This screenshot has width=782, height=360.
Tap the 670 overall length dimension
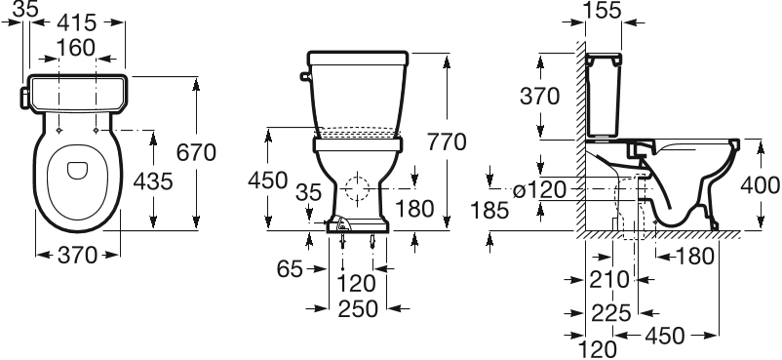click(196, 152)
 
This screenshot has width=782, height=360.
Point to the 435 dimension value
click(152, 180)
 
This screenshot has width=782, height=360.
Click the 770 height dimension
click(448, 142)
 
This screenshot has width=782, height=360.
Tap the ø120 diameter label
click(538, 189)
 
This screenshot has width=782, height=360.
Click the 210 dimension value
click(608, 280)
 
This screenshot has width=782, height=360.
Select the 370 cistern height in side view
click(539, 96)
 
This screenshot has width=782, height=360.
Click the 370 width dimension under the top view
click(78, 256)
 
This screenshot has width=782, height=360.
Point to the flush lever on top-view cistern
click(24, 95)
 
